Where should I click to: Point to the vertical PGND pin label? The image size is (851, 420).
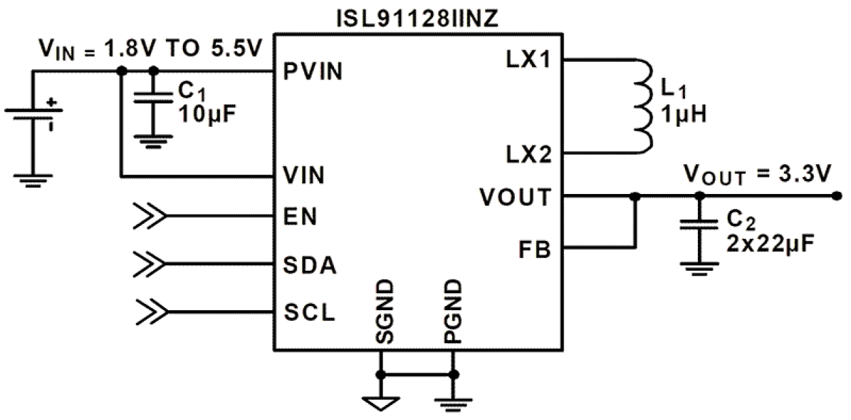(453, 312)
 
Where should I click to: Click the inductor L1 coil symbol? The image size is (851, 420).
(641, 105)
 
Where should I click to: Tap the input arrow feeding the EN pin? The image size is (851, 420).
(150, 216)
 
